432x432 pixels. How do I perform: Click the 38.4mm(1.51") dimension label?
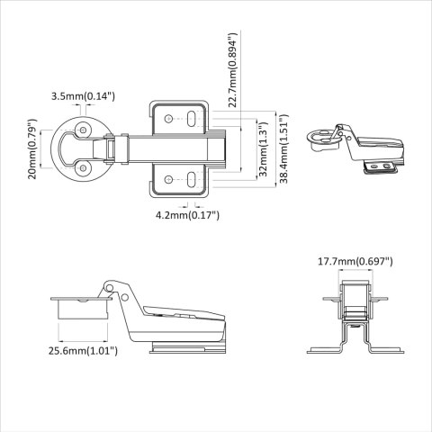283,149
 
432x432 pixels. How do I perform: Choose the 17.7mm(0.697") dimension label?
354,262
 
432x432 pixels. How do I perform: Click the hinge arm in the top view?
171,148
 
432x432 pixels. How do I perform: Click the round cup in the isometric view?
322,137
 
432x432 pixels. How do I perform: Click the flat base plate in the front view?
360,350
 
